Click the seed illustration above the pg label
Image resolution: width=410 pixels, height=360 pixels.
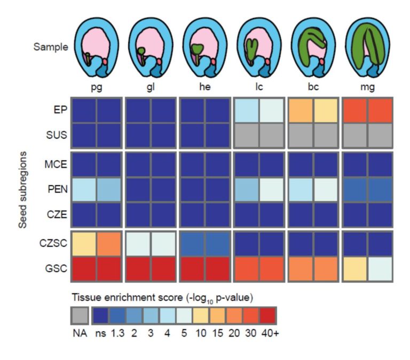click(x=96, y=47)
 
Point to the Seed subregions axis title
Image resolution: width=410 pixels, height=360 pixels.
click(x=23, y=190)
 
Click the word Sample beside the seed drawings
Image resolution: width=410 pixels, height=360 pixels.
click(x=51, y=47)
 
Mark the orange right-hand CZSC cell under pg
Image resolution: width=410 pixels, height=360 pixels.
click(x=109, y=244)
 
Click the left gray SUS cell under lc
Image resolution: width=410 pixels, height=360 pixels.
click(x=246, y=135)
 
